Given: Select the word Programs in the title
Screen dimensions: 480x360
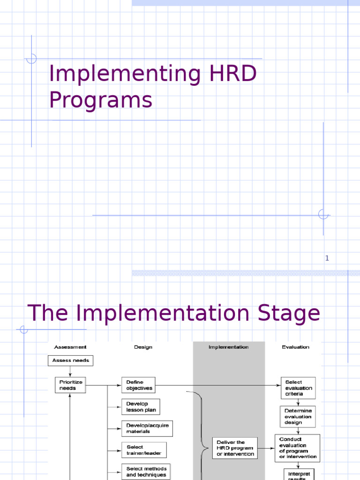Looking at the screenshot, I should click(x=101, y=100).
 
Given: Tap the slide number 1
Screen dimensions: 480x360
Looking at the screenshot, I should click(x=327, y=258).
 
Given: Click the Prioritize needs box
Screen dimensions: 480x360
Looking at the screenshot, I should click(x=70, y=385).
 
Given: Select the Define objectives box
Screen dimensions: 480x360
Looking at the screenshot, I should click(x=138, y=385).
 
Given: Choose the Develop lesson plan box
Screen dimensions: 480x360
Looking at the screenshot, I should click(x=141, y=407).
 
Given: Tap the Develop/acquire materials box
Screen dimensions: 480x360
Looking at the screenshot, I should click(x=147, y=428).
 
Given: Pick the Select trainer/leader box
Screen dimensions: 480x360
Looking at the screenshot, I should click(x=143, y=450).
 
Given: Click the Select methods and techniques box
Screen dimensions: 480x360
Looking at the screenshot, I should click(x=146, y=471).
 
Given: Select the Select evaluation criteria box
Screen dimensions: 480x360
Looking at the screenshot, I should click(x=298, y=388).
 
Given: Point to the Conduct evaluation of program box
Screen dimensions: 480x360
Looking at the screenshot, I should click(x=297, y=448).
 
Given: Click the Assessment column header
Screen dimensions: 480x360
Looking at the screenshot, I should click(x=70, y=347).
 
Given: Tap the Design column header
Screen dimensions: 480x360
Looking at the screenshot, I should click(x=143, y=347).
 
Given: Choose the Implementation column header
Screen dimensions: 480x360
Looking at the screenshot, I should click(x=229, y=347).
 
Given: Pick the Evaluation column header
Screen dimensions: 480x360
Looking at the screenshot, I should click(x=295, y=347).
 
